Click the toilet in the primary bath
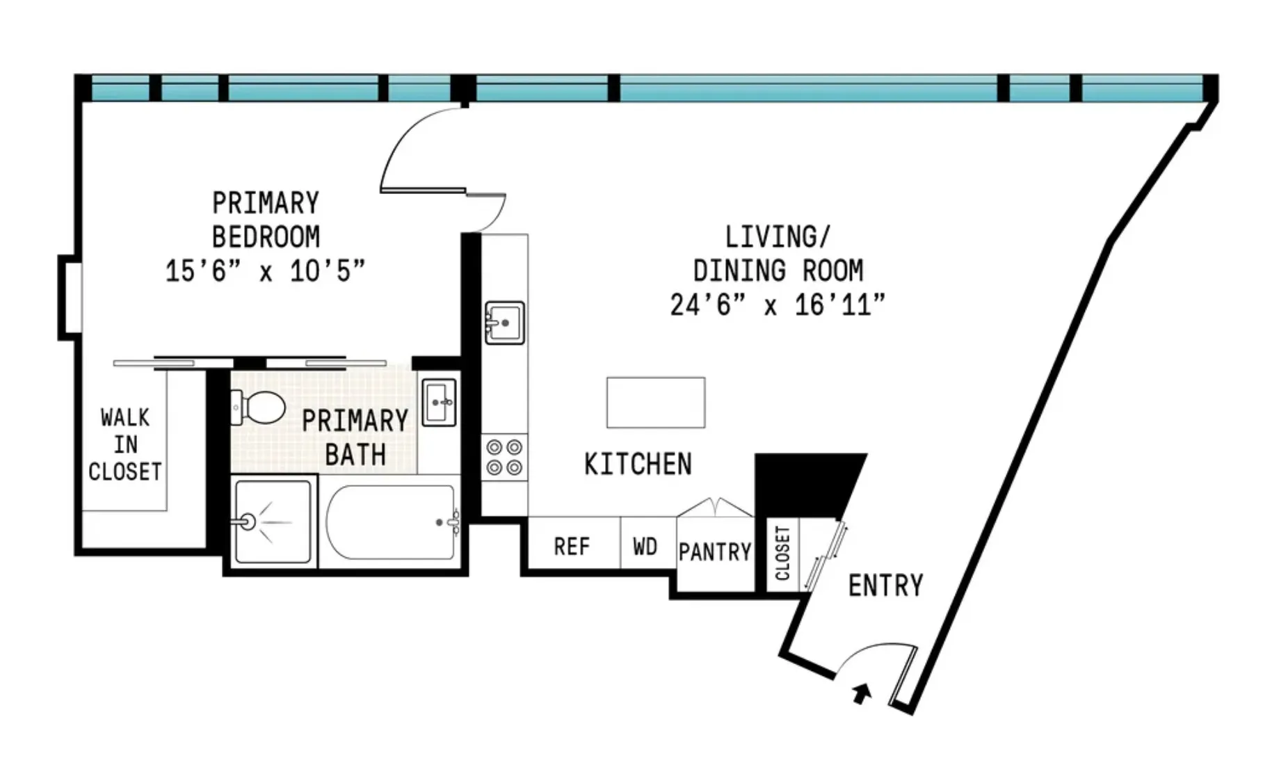[x=259, y=408]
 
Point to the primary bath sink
[x=439, y=402]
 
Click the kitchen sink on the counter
[x=504, y=323]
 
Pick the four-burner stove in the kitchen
[x=504, y=457]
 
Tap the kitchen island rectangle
[x=655, y=403]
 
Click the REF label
[x=572, y=547]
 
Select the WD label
[x=645, y=547]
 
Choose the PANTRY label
[x=715, y=552]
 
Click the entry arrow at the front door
[x=862, y=693]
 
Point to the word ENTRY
[x=885, y=586]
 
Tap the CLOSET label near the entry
[x=782, y=554]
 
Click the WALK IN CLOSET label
[x=125, y=445]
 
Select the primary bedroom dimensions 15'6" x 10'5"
[x=265, y=271]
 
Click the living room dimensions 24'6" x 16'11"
[x=778, y=305]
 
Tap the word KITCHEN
[x=638, y=465]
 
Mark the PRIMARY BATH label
[x=355, y=437]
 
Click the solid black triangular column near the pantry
[x=807, y=484]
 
